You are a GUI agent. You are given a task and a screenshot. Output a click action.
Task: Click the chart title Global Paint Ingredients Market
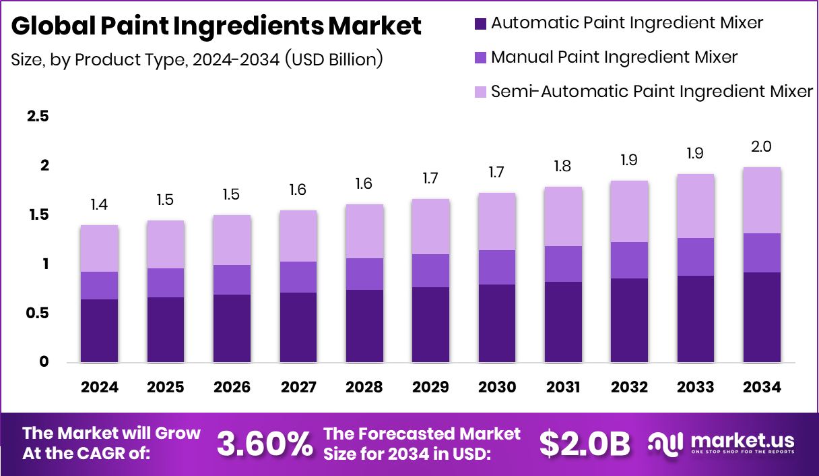pos(216,26)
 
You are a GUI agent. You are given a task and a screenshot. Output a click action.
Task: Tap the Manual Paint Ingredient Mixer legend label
pos(614,57)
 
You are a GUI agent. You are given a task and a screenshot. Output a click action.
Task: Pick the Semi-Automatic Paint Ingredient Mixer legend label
pos(651,91)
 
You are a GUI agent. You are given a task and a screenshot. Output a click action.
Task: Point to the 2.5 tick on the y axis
pos(38,117)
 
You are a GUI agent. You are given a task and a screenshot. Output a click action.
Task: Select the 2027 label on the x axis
pos(298,387)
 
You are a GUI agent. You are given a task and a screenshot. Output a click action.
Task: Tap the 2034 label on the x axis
pos(762,387)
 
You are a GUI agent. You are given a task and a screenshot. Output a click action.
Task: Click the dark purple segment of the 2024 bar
pos(99,330)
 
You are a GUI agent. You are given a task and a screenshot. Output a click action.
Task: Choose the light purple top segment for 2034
pos(762,200)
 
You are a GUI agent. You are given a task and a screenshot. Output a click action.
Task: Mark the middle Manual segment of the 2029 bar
pos(430,270)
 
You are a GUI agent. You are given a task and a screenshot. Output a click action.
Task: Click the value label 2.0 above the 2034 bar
pos(762,147)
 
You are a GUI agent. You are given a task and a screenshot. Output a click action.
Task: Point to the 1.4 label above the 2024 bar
pos(99,204)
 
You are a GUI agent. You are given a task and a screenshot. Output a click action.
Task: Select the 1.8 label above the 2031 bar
pos(563,166)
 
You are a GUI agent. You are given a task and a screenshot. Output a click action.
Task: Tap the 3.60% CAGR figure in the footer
pos(265,444)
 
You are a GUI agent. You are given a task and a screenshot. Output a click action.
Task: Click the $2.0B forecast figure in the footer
pos(585,444)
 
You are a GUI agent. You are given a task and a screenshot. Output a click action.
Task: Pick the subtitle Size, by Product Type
pos(197,59)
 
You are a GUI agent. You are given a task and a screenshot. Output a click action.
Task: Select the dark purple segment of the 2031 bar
pos(563,322)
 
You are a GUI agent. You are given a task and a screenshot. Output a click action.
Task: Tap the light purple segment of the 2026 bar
pos(232,240)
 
